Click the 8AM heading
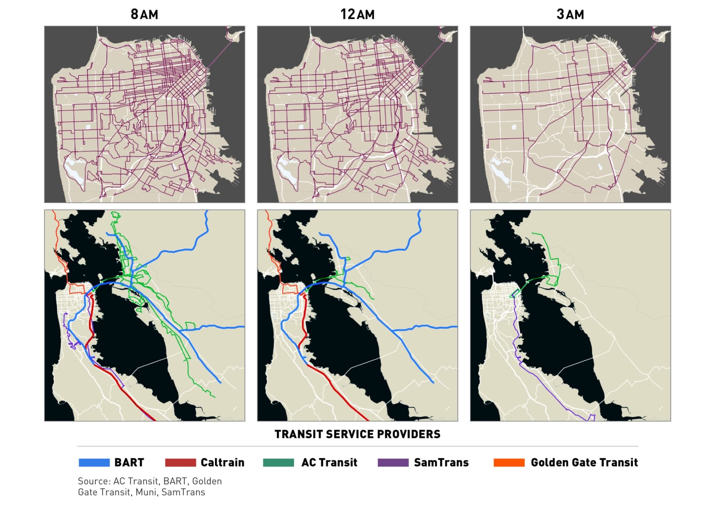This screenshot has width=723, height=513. [x=144, y=14]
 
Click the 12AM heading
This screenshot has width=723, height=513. [x=357, y=14]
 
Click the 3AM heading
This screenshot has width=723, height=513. [x=570, y=14]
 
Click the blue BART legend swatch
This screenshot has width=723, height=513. [x=94, y=463]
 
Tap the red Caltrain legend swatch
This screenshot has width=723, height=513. [x=180, y=463]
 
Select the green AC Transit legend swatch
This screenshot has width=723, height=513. [x=278, y=463]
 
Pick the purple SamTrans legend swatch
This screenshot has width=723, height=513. [x=393, y=463]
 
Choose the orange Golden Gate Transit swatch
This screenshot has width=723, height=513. [x=509, y=463]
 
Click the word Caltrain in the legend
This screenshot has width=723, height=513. [x=222, y=463]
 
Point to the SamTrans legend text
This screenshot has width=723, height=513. [x=441, y=463]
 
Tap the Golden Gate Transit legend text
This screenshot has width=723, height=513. [x=584, y=463]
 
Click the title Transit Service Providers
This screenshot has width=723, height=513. [x=357, y=434]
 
